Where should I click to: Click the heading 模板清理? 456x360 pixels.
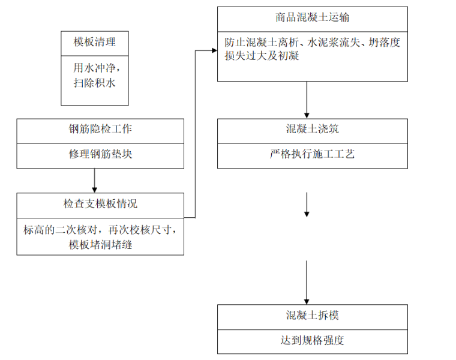(x=95, y=43)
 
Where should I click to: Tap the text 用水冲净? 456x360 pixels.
(x=95, y=68)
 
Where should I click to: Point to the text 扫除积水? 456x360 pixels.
(x=95, y=83)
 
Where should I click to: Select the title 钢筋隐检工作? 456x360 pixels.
(x=100, y=129)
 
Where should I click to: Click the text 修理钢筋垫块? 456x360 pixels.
(x=100, y=154)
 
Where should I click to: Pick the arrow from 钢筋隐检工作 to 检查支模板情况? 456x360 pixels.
(x=95, y=181)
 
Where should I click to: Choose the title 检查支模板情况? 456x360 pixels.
(x=100, y=204)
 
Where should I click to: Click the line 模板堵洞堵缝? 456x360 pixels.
(x=100, y=244)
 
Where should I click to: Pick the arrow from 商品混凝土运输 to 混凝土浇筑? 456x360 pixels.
(x=307, y=100)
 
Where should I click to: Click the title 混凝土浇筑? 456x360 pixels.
(x=312, y=129)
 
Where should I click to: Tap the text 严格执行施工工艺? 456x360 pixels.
(x=312, y=154)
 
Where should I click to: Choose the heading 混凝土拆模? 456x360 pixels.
(x=312, y=315)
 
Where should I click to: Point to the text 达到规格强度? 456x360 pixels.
(x=312, y=340)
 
